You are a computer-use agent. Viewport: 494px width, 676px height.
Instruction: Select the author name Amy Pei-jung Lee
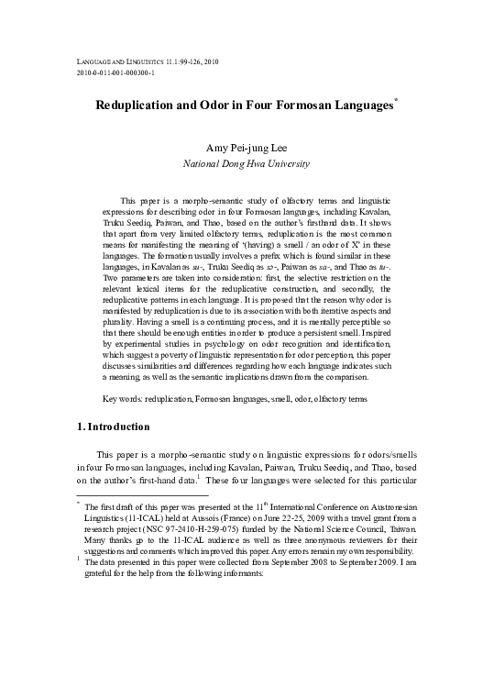247,149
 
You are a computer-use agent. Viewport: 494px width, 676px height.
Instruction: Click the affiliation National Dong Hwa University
247,165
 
